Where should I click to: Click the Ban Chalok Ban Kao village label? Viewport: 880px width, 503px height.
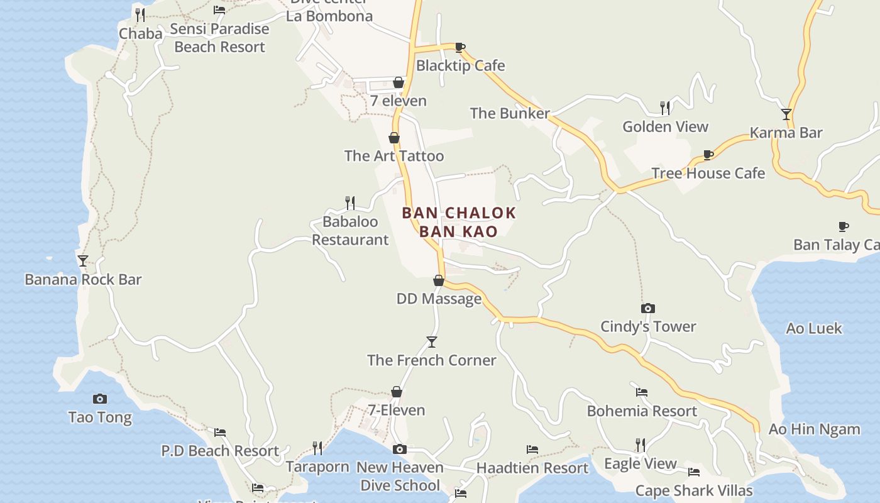click(x=459, y=222)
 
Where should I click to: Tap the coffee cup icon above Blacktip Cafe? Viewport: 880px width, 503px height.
click(x=460, y=47)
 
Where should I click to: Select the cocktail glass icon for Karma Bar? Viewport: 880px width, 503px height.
click(x=786, y=114)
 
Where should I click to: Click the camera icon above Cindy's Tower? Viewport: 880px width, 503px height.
click(x=647, y=308)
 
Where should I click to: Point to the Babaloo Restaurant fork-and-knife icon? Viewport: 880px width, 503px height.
click(x=350, y=202)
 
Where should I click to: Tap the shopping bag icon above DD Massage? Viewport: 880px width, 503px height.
click(x=439, y=280)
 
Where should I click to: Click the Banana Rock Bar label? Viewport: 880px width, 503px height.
click(x=83, y=279)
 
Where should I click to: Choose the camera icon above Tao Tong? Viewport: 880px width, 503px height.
click(x=99, y=399)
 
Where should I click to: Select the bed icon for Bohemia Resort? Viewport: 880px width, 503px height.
click(x=641, y=392)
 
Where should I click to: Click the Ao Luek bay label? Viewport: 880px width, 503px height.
click(x=813, y=328)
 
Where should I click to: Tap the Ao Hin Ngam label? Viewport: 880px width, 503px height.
click(x=814, y=429)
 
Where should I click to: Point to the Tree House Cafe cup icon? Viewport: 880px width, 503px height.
click(x=708, y=155)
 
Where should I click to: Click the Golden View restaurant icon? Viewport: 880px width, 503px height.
click(x=665, y=108)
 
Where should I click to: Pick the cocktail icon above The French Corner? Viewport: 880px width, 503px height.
click(x=431, y=341)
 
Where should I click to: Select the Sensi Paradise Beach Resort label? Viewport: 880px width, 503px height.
click(x=219, y=38)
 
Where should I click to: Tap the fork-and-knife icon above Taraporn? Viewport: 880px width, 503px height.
click(x=317, y=448)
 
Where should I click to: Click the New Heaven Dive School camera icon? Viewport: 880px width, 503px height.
click(x=399, y=449)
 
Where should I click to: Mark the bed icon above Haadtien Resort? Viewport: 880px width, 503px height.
click(x=532, y=450)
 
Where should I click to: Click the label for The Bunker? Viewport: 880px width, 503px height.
click(x=510, y=113)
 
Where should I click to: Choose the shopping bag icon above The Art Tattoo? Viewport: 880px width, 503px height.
click(x=394, y=138)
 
